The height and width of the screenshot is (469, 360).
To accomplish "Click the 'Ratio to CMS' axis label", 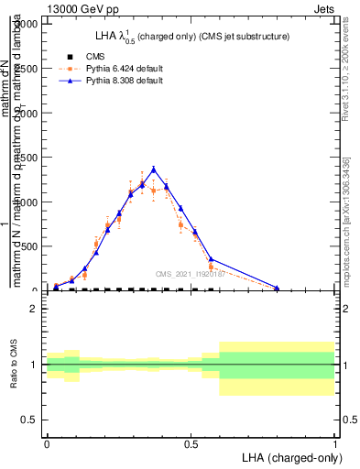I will (16, 365).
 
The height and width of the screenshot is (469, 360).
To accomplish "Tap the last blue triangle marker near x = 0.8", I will (278, 288).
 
